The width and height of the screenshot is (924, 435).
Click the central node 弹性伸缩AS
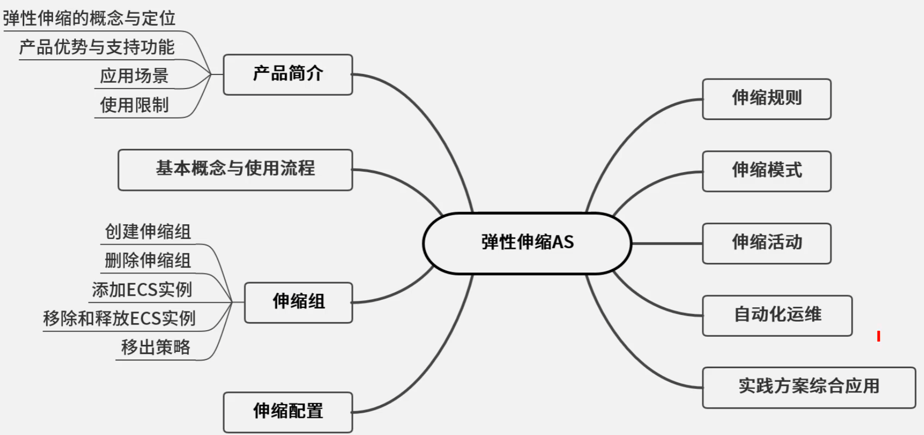point(527,243)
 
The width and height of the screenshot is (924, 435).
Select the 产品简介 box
point(288,74)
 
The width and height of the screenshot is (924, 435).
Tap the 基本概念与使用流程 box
point(235,170)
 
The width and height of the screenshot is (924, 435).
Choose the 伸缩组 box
point(299,302)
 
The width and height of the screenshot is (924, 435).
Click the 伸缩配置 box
point(288,412)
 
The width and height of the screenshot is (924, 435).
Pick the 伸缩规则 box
point(767,99)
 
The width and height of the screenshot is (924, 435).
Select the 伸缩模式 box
point(767,171)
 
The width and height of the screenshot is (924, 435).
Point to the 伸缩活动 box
point(767,243)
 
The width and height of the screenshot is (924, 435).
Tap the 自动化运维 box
point(777,315)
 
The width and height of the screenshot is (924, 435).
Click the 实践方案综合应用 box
point(809,387)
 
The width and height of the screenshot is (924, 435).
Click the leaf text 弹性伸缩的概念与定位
point(89,19)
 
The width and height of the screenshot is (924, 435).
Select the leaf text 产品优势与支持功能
point(97,48)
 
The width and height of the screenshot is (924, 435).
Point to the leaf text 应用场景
point(134,76)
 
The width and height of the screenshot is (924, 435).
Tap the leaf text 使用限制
point(134,105)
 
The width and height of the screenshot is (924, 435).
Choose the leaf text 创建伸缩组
point(148,232)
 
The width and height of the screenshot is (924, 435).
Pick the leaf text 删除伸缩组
point(148,261)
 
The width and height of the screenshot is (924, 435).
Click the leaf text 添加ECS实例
point(142,290)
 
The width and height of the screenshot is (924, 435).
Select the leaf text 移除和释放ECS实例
point(119,319)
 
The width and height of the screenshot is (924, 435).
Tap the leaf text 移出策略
point(156,347)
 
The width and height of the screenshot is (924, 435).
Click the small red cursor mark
point(878,336)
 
